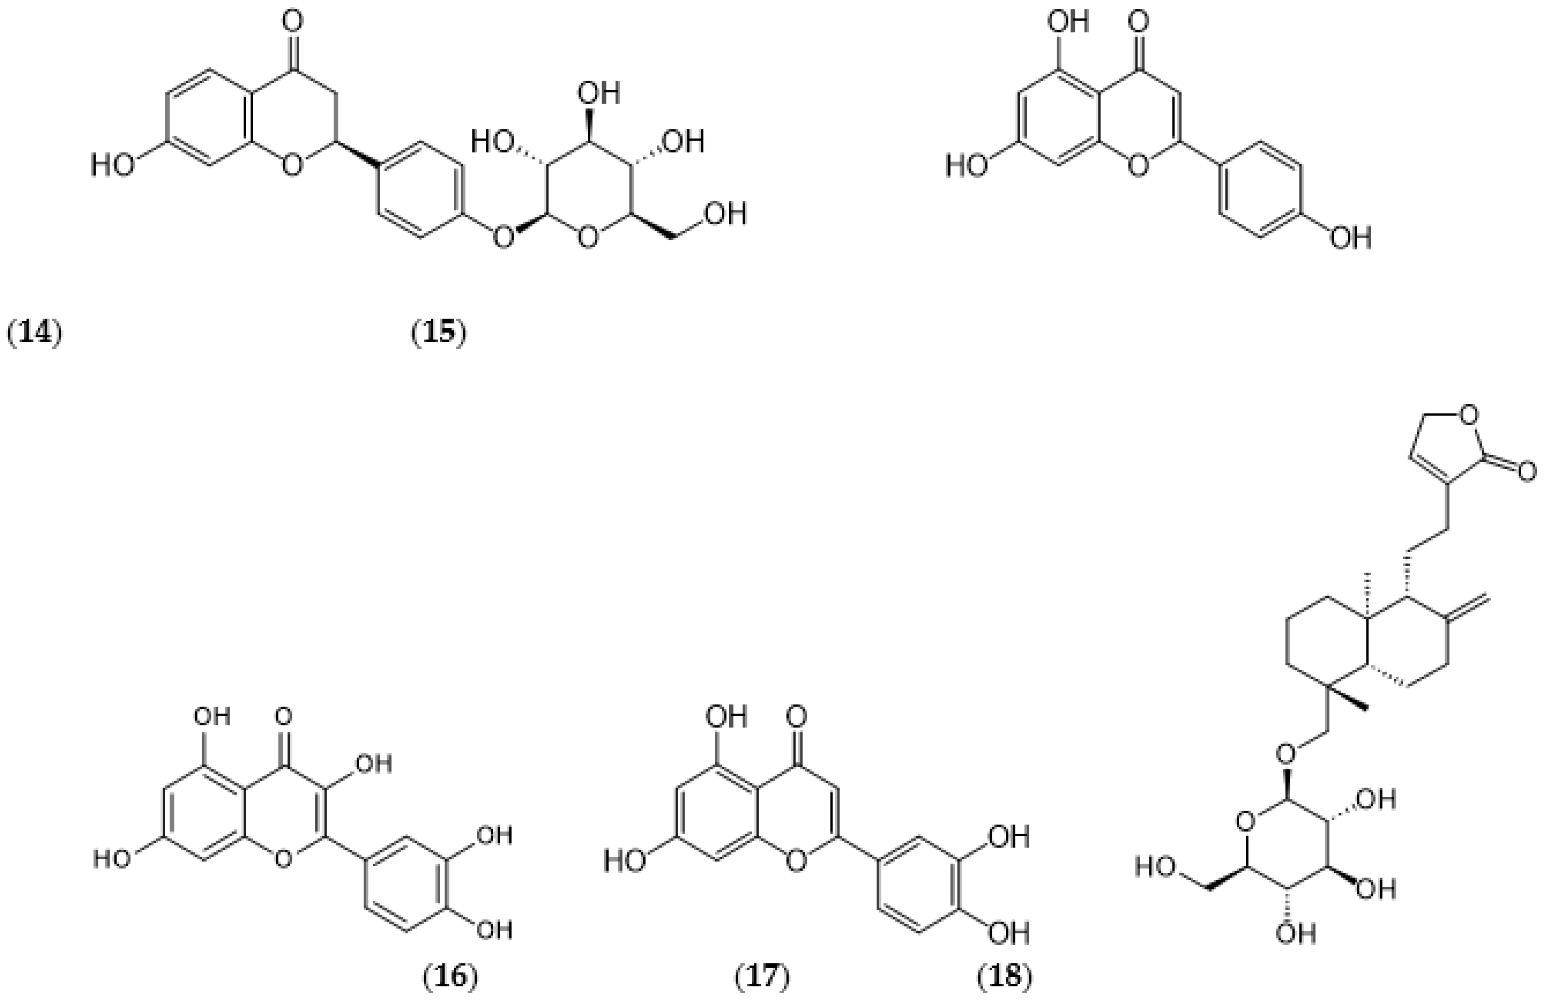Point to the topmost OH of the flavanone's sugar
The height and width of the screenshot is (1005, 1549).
pyautogui.click(x=599, y=93)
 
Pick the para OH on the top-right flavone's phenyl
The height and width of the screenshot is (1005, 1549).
pyautogui.click(x=1350, y=238)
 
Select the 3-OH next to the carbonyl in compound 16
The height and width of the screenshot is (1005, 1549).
pyautogui.click(x=371, y=763)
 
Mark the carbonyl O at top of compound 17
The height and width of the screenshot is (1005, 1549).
pyautogui.click(x=796, y=717)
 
